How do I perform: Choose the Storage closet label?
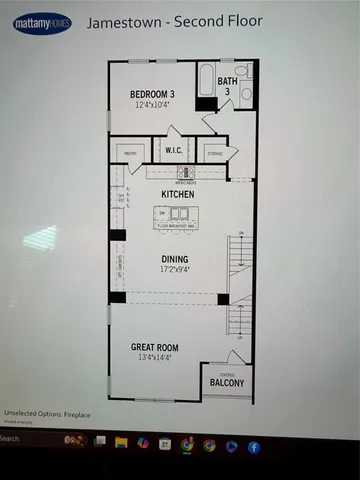pyautogui.click(x=214, y=153)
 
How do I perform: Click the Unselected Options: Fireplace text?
pyautogui.click(x=44, y=413)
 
